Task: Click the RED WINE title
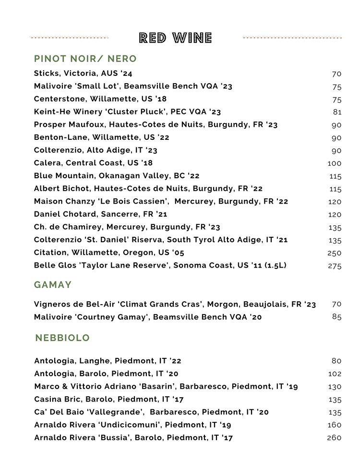[x=175, y=38]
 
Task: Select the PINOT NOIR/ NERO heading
[x=85, y=59]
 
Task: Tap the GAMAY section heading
[x=53, y=285]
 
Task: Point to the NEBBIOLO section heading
[x=62, y=338]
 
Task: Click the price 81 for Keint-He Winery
[x=337, y=112]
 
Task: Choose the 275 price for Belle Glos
[x=335, y=266]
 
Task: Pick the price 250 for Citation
[x=335, y=253]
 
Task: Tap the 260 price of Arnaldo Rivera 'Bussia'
[x=334, y=438]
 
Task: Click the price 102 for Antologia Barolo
[x=335, y=374]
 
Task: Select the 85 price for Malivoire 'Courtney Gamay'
[x=336, y=317]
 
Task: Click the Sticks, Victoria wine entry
[x=83, y=74]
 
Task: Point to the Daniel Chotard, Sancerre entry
[x=100, y=214]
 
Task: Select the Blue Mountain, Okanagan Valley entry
[x=117, y=176]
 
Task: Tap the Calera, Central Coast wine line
[x=93, y=163]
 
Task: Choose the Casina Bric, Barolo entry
[x=108, y=399]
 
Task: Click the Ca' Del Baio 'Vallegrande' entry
[x=151, y=412]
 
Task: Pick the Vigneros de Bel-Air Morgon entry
[x=175, y=305]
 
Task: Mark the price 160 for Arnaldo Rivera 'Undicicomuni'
[x=335, y=425]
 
